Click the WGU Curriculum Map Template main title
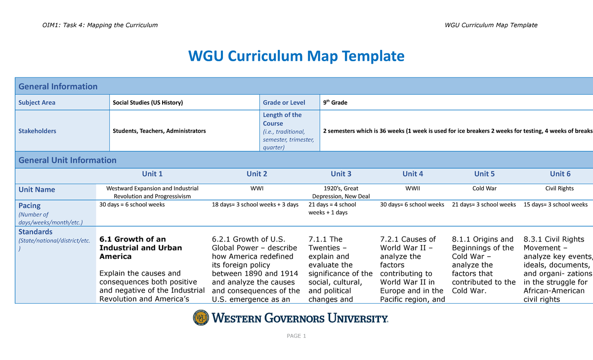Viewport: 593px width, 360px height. pos(296,56)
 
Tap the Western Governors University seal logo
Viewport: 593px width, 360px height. pos(201,318)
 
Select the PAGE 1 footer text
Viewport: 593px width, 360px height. pos(296,336)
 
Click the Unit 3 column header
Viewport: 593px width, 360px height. pos(340,174)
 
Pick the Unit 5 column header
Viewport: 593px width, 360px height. pos(484,174)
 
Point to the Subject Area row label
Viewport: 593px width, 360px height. pos(37,103)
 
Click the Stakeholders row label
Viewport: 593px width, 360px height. pos(37,131)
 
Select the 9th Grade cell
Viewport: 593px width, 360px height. pos(335,102)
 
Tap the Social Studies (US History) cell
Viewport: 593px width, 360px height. pos(148,103)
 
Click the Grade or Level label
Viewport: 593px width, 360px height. pos(284,103)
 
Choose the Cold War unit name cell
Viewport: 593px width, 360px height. pos(484,188)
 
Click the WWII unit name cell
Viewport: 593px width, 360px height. pos(413,188)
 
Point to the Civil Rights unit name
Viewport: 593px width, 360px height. pos(559,188)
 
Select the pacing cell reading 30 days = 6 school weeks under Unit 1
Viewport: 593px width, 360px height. pos(132,204)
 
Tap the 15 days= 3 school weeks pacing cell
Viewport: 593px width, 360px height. pos(555,204)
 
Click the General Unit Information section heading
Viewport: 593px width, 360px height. pos(67,160)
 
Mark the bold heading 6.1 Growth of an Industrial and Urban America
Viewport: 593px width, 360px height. pos(140,248)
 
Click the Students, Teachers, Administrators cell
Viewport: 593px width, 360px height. pos(159,131)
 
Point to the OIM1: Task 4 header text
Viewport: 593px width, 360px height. pos(100,25)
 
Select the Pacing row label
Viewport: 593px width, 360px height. pos(29,205)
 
